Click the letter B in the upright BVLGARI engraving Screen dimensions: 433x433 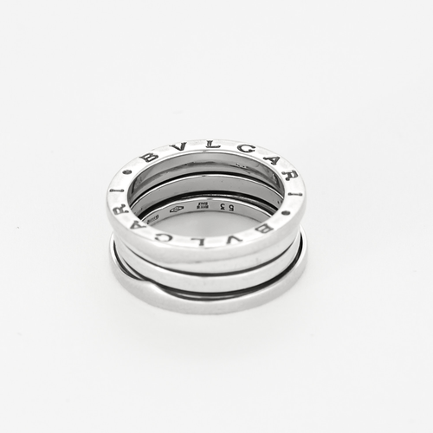[149, 158]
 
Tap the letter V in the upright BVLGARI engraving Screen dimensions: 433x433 [177, 148]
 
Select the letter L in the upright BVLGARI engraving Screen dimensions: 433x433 [204, 145]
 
